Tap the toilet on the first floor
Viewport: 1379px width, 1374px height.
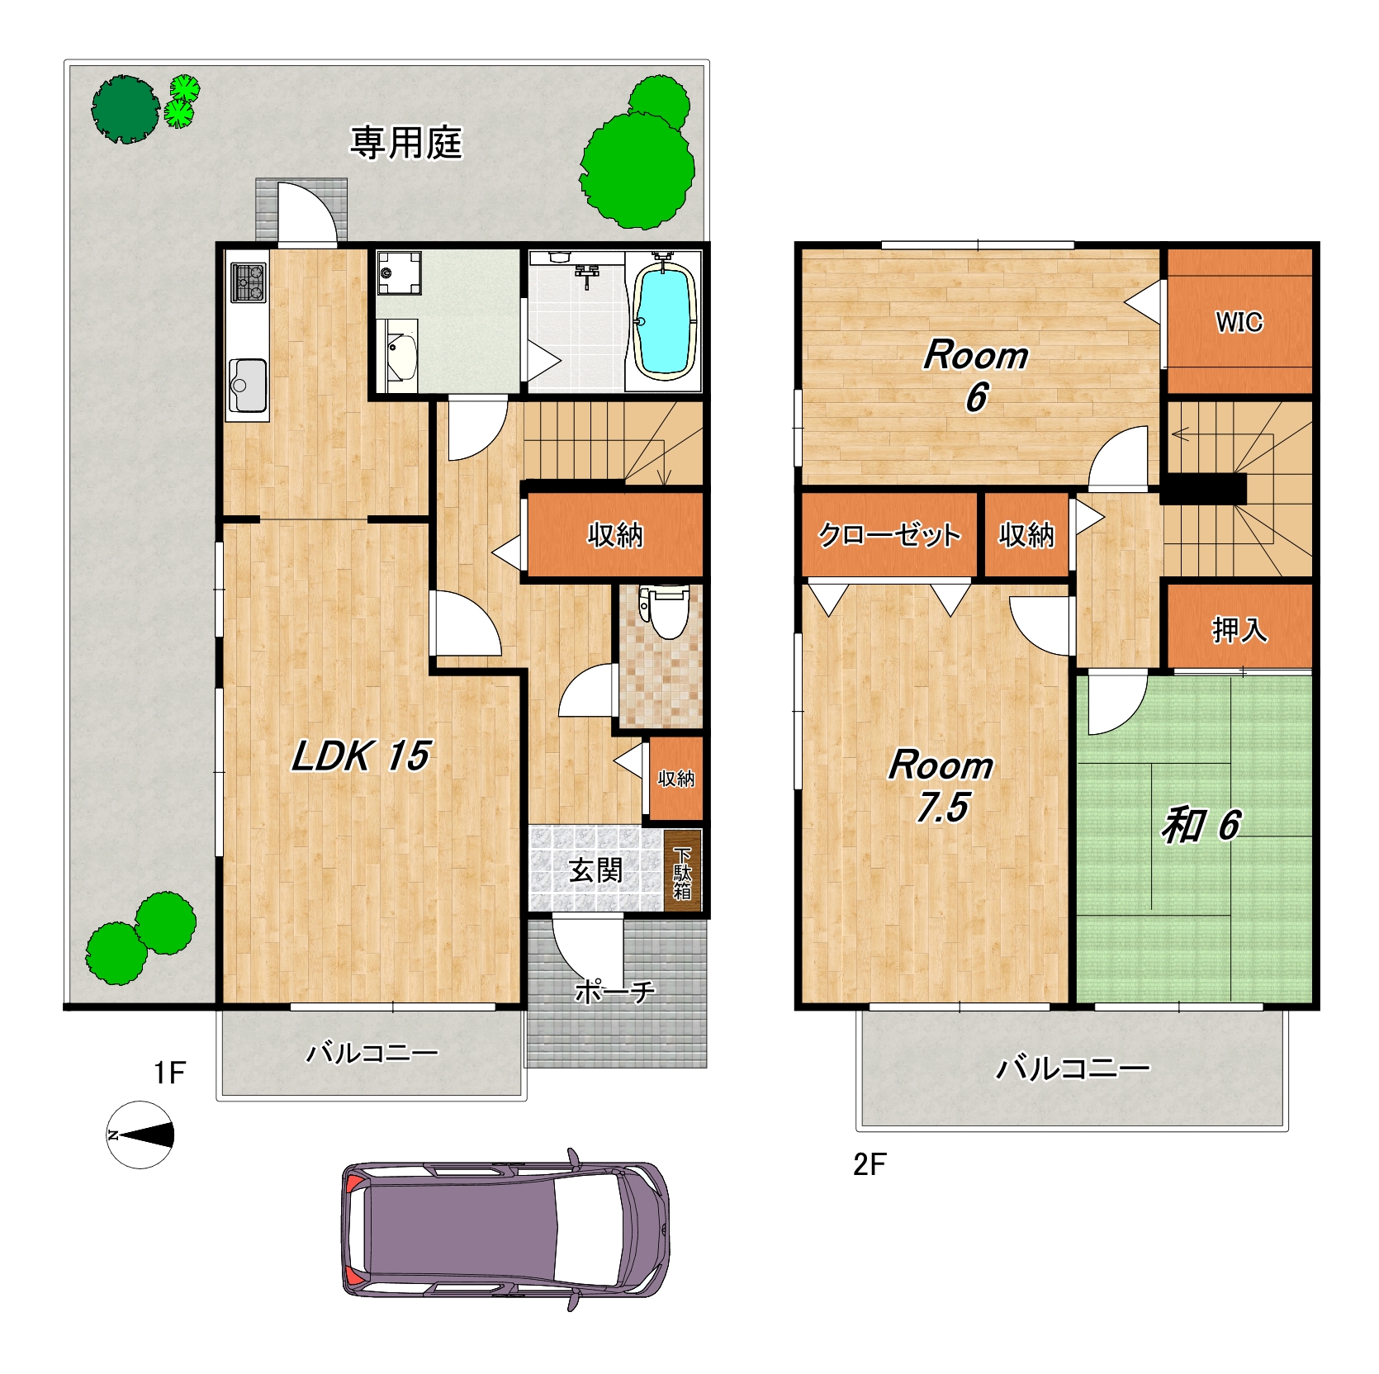click(665, 612)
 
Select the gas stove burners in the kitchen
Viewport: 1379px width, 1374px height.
click(248, 282)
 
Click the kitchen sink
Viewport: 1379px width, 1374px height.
click(248, 385)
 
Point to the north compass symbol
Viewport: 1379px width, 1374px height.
click(140, 1135)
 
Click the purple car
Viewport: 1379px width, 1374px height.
click(505, 1229)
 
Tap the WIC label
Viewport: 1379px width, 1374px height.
click(1239, 321)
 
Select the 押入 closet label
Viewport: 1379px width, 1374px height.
click(1239, 630)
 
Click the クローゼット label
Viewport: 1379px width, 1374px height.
click(889, 535)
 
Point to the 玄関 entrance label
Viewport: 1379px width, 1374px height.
click(595, 870)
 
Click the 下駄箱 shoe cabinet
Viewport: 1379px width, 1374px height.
click(682, 871)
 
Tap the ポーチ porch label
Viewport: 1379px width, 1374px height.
click(615, 991)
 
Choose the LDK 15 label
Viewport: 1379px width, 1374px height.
click(361, 756)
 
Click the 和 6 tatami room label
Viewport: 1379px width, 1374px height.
click(1201, 825)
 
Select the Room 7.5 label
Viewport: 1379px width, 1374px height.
click(941, 786)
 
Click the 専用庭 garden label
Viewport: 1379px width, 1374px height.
click(405, 143)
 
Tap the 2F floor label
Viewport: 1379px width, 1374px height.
click(870, 1165)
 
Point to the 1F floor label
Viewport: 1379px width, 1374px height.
click(170, 1073)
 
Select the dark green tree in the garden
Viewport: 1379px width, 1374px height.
click(125, 109)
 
